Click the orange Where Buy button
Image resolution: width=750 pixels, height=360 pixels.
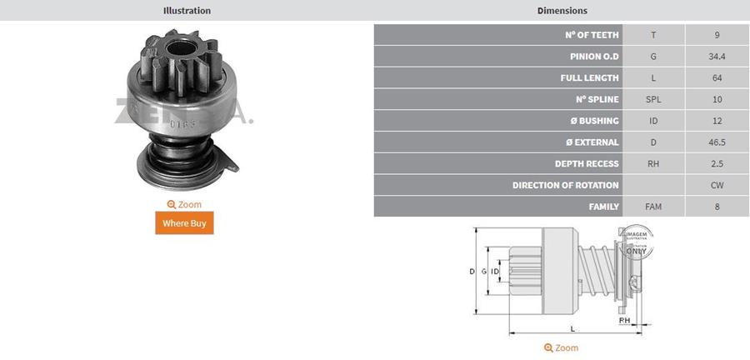tap(184, 223)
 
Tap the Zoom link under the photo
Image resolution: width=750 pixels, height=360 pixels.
tap(184, 204)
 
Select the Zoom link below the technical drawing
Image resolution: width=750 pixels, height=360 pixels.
tap(561, 347)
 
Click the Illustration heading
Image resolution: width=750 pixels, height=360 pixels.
tap(187, 11)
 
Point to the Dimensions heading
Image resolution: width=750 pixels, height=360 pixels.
tap(562, 11)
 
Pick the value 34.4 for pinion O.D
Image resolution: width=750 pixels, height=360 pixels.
tap(717, 56)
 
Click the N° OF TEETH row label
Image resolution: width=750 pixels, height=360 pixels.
tap(592, 34)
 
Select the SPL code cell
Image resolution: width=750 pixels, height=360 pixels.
tap(653, 99)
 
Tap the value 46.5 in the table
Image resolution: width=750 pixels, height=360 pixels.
tap(717, 142)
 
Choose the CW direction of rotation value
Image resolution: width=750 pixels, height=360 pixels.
tap(717, 185)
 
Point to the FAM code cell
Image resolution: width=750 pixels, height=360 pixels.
tap(653, 207)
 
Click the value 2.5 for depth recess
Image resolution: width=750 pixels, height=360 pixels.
tap(717, 163)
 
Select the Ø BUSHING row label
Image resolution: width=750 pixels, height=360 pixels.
tap(593, 121)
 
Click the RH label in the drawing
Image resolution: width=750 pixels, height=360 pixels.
tap(624, 320)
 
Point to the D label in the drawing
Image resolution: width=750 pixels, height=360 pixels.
tap(472, 272)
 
